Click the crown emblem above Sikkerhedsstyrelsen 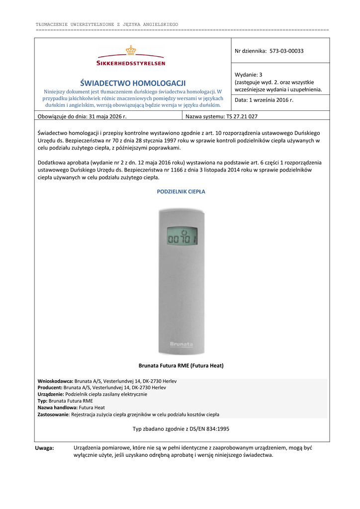[131, 51]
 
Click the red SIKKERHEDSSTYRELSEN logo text [131, 63]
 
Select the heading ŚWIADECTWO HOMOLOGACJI [133, 83]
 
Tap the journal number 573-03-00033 [287, 51]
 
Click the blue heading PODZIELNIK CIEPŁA [181, 191]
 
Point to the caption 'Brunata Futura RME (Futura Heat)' [181, 366]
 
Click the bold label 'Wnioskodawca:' [55, 381]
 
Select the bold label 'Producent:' [50, 388]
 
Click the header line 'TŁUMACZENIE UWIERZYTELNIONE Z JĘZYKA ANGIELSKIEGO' [107, 24]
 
